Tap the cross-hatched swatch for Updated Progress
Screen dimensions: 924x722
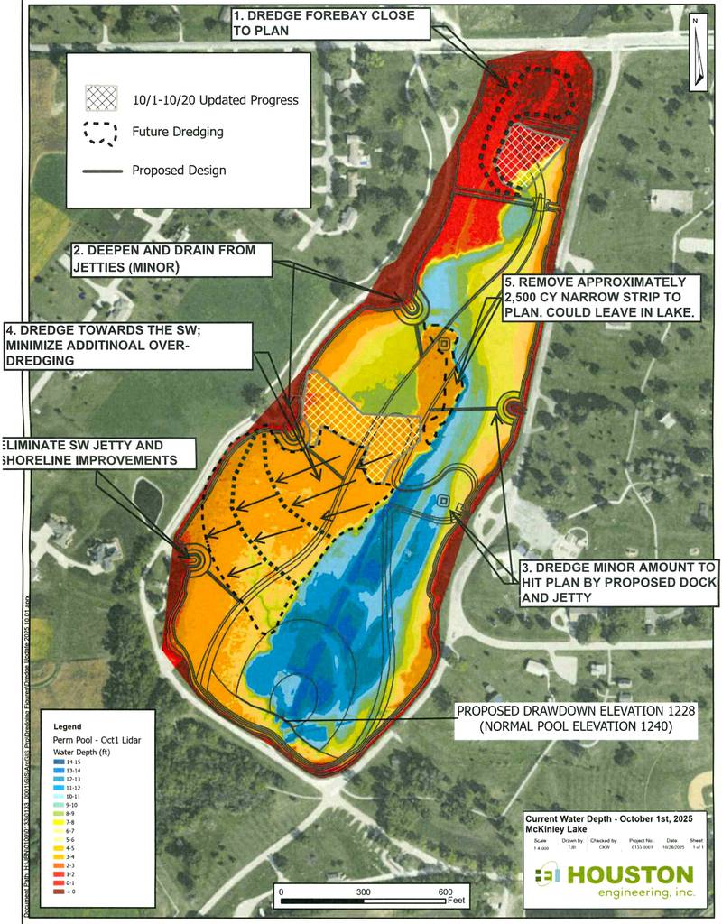pyautogui.click(x=102, y=97)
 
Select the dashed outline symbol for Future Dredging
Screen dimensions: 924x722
pyautogui.click(x=102, y=132)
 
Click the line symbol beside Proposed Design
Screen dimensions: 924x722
pyautogui.click(x=102, y=170)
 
